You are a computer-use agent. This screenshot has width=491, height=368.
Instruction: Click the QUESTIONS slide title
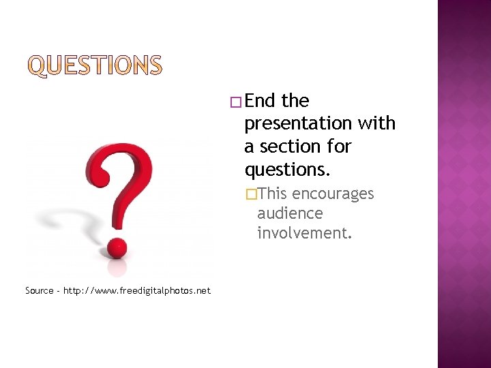pyautogui.click(x=95, y=66)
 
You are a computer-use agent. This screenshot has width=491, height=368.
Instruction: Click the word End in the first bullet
pyautogui.click(x=260, y=101)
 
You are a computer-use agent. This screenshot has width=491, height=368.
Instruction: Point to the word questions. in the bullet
pyautogui.click(x=282, y=169)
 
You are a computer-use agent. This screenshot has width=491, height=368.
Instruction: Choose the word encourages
pyautogui.click(x=333, y=194)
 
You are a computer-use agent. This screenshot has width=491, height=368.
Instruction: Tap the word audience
pyautogui.click(x=290, y=213)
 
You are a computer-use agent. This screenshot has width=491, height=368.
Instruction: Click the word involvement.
pyautogui.click(x=304, y=233)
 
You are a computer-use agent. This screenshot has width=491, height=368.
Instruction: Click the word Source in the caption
pyautogui.click(x=39, y=291)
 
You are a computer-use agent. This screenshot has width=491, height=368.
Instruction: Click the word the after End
pyautogui.click(x=295, y=101)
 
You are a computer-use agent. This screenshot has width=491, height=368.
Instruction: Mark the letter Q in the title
pyautogui.click(x=38, y=66)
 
